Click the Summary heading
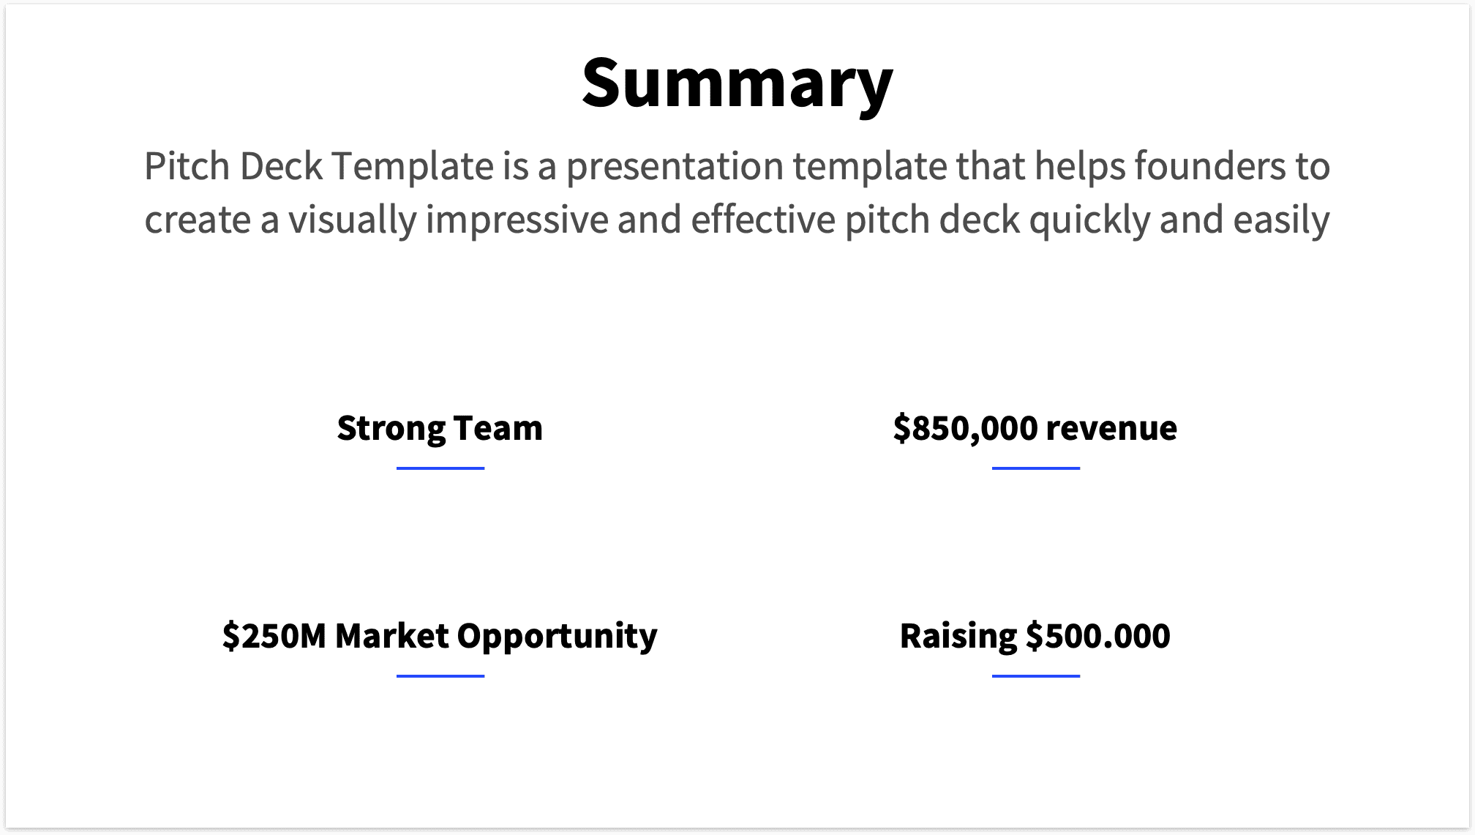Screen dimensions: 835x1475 737,82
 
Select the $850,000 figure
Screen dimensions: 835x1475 965,428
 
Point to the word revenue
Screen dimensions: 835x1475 1111,428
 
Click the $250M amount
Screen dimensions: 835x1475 274,635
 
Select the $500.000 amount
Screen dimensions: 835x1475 1097,635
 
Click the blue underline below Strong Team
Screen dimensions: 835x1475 440,468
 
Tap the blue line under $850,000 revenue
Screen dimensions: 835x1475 1035,468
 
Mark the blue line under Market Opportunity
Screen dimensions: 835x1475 440,675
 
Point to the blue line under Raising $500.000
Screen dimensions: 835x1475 1035,675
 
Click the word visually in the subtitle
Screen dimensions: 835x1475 352,220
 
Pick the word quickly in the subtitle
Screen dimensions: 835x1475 1089,220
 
